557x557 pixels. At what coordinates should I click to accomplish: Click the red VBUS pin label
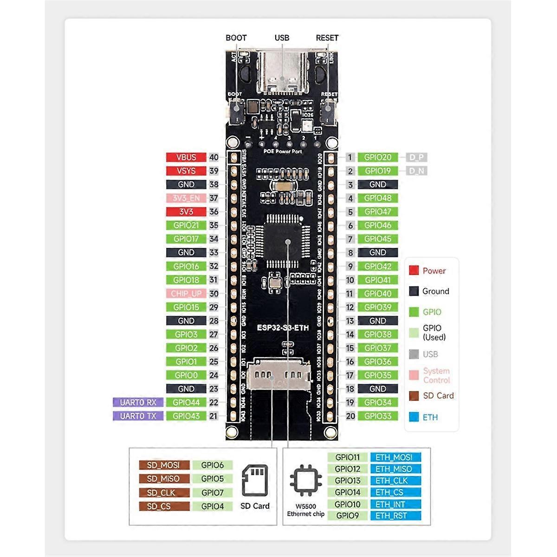click(186, 157)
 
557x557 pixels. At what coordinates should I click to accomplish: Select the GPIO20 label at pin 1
click(378, 157)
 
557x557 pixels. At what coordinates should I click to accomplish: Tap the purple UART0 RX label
click(138, 402)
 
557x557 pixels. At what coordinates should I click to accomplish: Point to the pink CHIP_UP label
click(186, 293)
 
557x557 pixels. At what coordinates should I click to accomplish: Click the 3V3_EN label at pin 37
click(186, 198)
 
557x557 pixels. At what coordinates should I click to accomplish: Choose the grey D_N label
click(416, 171)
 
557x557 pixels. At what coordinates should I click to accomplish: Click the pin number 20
click(350, 416)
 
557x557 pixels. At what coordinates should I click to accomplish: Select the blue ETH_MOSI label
click(395, 457)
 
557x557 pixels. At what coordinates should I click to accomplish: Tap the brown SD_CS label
click(164, 506)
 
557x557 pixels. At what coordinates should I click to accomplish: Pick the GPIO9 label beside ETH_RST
click(348, 515)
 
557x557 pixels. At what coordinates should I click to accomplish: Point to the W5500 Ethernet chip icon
click(305, 480)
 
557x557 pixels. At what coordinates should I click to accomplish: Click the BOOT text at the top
click(236, 38)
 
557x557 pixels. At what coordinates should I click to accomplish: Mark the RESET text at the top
click(327, 38)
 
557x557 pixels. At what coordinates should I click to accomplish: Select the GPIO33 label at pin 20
click(378, 416)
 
